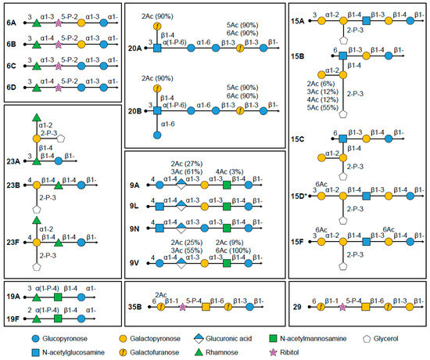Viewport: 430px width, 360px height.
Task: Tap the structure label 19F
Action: click(x=13, y=320)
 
